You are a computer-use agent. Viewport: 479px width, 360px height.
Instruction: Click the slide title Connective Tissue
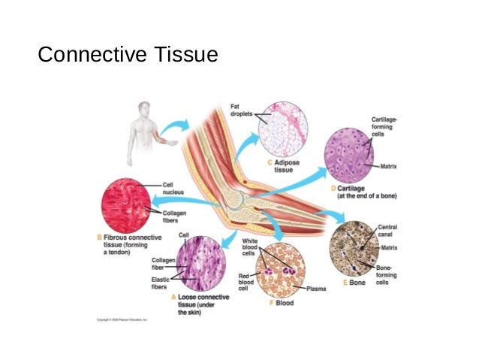(x=128, y=55)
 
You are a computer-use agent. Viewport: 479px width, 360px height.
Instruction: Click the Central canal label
(x=387, y=230)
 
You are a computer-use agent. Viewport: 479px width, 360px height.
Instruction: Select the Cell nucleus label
(x=174, y=187)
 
